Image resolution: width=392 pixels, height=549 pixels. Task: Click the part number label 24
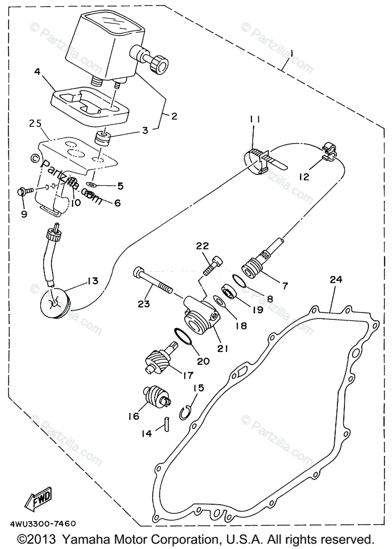pos(336,280)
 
